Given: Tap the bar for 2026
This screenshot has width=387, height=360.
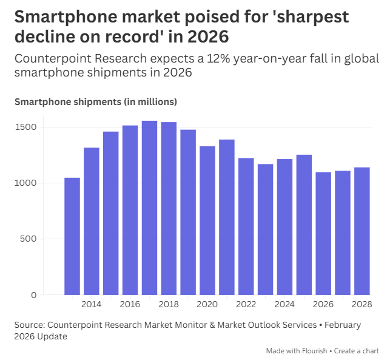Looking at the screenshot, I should [323, 233].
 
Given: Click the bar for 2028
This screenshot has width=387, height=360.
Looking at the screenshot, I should [362, 231].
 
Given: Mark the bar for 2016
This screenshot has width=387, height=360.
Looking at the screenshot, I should [130, 210].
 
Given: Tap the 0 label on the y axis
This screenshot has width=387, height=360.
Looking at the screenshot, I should [34, 295].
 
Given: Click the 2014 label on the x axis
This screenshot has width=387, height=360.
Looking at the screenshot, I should [91, 304].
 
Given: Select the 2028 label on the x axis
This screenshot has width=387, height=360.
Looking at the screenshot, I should [362, 304].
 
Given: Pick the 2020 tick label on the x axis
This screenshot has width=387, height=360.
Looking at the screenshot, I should [207, 304].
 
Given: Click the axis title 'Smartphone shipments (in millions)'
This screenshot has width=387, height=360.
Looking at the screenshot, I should [96, 101].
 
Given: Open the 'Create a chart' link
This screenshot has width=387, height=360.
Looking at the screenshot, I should [357, 351].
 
